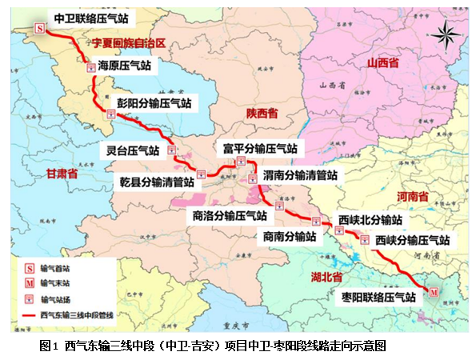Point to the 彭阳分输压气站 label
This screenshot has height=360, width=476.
point(154,103)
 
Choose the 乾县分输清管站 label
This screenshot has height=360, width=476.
point(156,182)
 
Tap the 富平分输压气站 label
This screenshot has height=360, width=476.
point(260,148)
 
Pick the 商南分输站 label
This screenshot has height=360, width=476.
point(289,236)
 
